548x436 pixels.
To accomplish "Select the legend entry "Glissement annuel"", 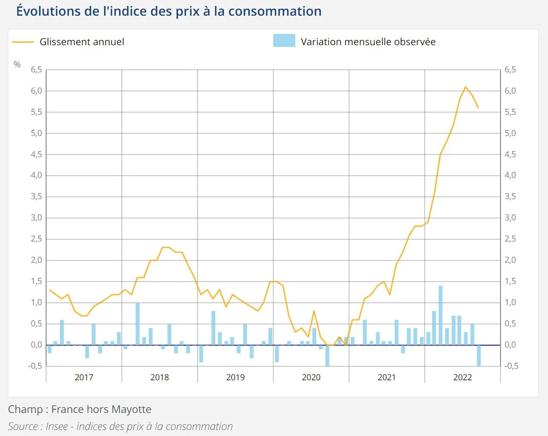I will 82,42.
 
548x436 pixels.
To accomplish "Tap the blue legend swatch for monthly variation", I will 284,41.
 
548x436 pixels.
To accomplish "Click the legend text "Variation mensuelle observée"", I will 368,42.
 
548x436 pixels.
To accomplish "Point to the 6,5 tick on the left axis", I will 36,70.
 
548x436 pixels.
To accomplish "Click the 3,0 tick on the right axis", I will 511,218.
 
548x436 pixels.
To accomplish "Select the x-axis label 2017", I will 84,377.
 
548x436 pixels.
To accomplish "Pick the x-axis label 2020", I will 311,377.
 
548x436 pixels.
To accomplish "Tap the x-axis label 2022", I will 462,377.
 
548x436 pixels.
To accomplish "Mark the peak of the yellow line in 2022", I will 466,87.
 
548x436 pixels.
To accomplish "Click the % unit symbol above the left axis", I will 17,65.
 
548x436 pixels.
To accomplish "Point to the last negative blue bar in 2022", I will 478,355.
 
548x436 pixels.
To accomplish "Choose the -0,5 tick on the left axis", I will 36,366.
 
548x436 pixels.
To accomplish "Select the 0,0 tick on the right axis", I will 511,345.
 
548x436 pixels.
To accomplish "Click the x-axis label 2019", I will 236,377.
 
